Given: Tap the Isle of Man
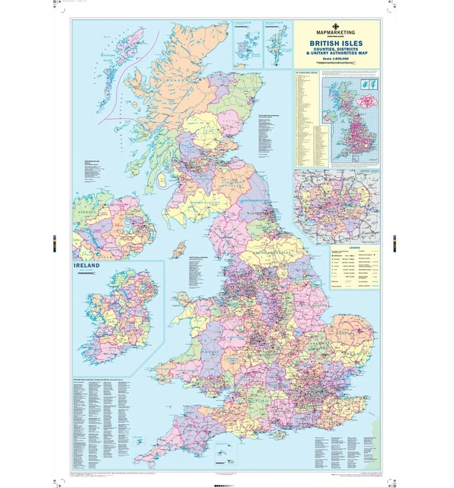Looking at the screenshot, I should coord(179,250).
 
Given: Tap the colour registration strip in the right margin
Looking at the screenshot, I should coord(395,243).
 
